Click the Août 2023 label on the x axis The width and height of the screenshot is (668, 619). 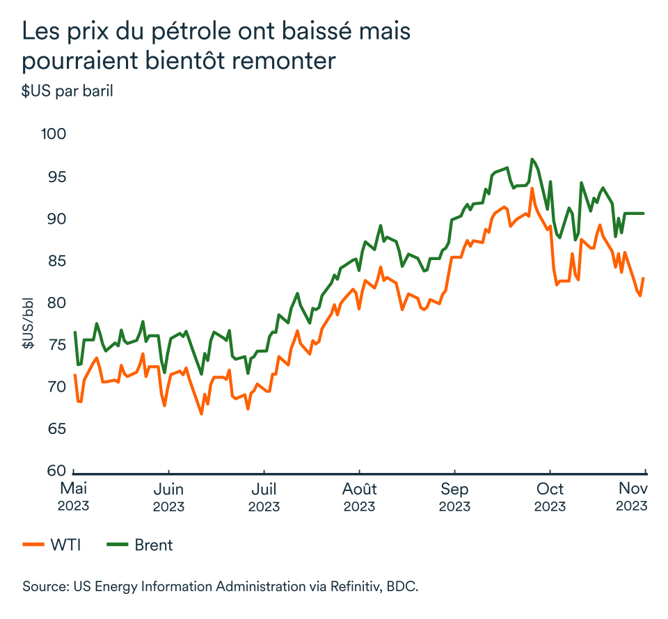click(x=360, y=497)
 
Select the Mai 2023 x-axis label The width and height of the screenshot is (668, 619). click(x=73, y=497)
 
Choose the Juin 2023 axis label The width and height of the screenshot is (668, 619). click(x=169, y=497)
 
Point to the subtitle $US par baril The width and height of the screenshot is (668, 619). click(x=67, y=91)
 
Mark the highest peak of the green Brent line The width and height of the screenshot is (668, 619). click(x=532, y=159)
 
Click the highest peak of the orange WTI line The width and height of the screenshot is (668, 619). click(x=532, y=188)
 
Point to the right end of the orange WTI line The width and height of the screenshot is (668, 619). click(x=644, y=278)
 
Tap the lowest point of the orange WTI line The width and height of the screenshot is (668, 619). click(x=201, y=414)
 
